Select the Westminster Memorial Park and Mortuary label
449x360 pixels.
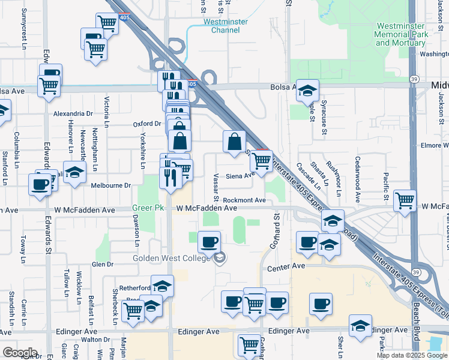coord(402,34)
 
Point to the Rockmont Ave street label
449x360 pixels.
coord(244,200)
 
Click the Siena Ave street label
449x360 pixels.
coord(238,176)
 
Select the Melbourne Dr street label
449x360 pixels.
coord(110,185)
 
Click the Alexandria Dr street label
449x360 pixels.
coord(73,113)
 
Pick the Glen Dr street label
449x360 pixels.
coord(102,264)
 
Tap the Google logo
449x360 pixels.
coord(20,353)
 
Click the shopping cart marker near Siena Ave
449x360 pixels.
coord(261,161)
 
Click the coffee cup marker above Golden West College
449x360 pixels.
coord(209,242)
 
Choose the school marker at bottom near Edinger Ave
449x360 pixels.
coord(360,326)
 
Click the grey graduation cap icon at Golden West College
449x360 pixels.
coord(220,258)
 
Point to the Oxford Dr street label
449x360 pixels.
coord(148,124)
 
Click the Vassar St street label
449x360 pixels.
coord(215,187)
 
